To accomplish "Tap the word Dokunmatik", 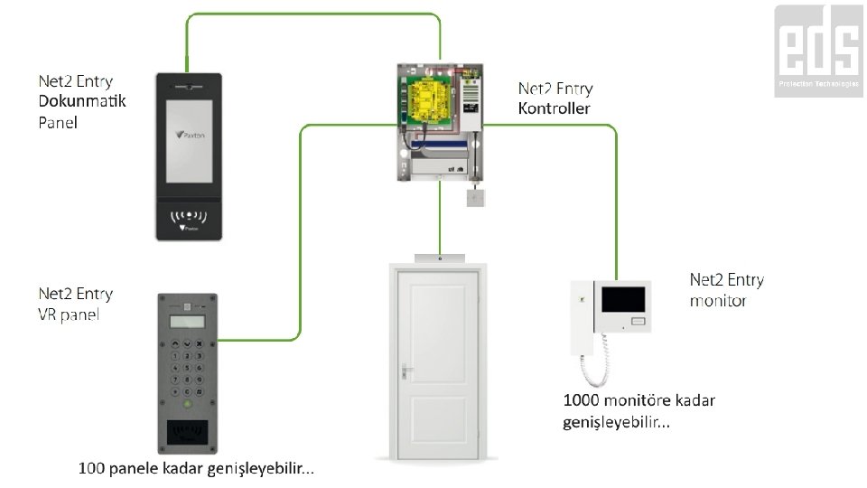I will tap(82, 101).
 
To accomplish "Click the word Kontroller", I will tap(555, 109).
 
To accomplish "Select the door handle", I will tap(407, 371).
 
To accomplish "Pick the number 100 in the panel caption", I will tap(91, 469).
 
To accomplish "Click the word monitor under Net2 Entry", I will tap(718, 300).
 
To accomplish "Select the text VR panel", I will tap(69, 314).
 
